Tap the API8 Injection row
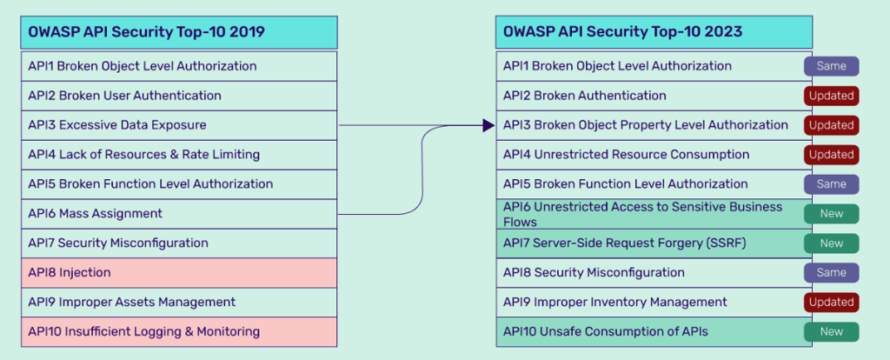(x=179, y=273)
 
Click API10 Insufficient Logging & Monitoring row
(x=179, y=332)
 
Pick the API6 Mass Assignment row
(x=179, y=214)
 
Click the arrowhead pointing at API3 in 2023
(x=488, y=125)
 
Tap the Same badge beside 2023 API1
(x=831, y=66)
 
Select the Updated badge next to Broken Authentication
(x=831, y=96)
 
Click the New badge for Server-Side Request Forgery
(x=831, y=243)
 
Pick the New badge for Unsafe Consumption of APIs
(x=831, y=332)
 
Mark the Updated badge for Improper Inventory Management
(x=831, y=303)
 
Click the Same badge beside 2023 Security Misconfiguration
(x=831, y=273)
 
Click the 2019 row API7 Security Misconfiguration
(x=179, y=243)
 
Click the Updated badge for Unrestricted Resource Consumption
(x=831, y=155)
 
